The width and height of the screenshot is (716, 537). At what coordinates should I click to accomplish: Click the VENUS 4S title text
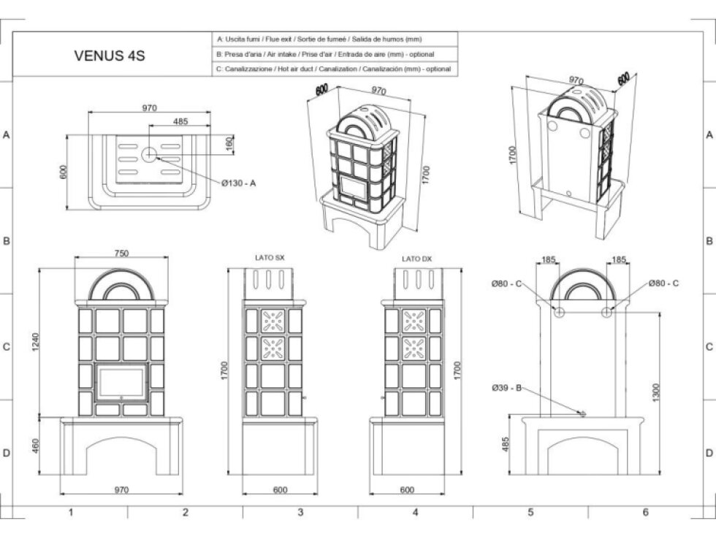[x=110, y=56]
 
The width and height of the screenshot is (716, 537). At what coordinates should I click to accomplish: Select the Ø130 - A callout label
[x=238, y=183]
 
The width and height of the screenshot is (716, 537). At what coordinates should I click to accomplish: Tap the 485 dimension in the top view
[x=180, y=121]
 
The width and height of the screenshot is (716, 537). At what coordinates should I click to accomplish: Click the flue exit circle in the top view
[x=149, y=155]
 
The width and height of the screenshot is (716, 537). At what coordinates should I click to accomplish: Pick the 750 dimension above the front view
[x=121, y=253]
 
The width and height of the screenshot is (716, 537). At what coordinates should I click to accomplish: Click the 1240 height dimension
[x=36, y=342]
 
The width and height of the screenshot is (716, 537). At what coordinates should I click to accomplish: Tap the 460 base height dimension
[x=36, y=446]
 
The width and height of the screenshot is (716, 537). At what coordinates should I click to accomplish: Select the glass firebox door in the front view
[x=121, y=382]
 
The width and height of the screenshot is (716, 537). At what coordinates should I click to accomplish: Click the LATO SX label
[x=270, y=257]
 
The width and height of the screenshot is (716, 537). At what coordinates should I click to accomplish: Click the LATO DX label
[x=416, y=259]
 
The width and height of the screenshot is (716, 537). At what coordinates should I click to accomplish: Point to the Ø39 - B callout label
[x=506, y=388]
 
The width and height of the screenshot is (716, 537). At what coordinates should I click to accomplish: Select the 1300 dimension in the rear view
[x=656, y=393]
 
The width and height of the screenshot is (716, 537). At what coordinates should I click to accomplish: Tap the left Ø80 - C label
[x=506, y=283]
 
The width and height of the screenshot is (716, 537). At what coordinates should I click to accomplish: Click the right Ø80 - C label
[x=663, y=283]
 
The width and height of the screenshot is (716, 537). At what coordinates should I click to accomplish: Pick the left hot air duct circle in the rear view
[x=559, y=313]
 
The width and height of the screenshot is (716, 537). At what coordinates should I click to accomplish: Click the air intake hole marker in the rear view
[x=582, y=414]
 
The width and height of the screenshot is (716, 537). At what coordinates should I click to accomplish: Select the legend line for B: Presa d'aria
[x=325, y=54]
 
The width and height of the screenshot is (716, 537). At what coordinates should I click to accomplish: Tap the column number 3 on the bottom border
[x=300, y=512]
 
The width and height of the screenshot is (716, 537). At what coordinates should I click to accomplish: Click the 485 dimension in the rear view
[x=506, y=444]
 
